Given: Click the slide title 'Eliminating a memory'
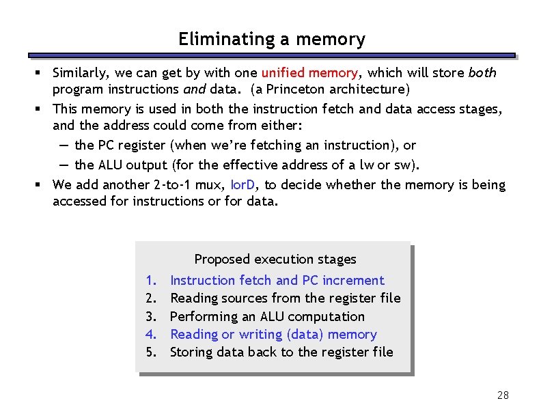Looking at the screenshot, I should pos(271,40).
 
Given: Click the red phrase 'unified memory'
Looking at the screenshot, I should pos(308,73).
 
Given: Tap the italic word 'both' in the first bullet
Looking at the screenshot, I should pos(482,73).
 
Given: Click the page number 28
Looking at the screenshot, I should pos(503,395).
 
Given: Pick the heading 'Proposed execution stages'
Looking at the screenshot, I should pos(275,260).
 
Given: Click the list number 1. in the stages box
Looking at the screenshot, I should pos(151,281).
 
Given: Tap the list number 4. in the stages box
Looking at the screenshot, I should pos(151,335).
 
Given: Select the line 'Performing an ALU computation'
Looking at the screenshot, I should pos(267,317).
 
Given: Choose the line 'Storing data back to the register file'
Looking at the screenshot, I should pos(281,352).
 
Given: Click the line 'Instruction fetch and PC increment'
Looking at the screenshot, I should pos(277,281).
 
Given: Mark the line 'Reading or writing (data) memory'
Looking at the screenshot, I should pos(273,335).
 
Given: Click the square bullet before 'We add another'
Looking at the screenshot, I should pos(42,185).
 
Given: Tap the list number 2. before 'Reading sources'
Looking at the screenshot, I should pos(151,298).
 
